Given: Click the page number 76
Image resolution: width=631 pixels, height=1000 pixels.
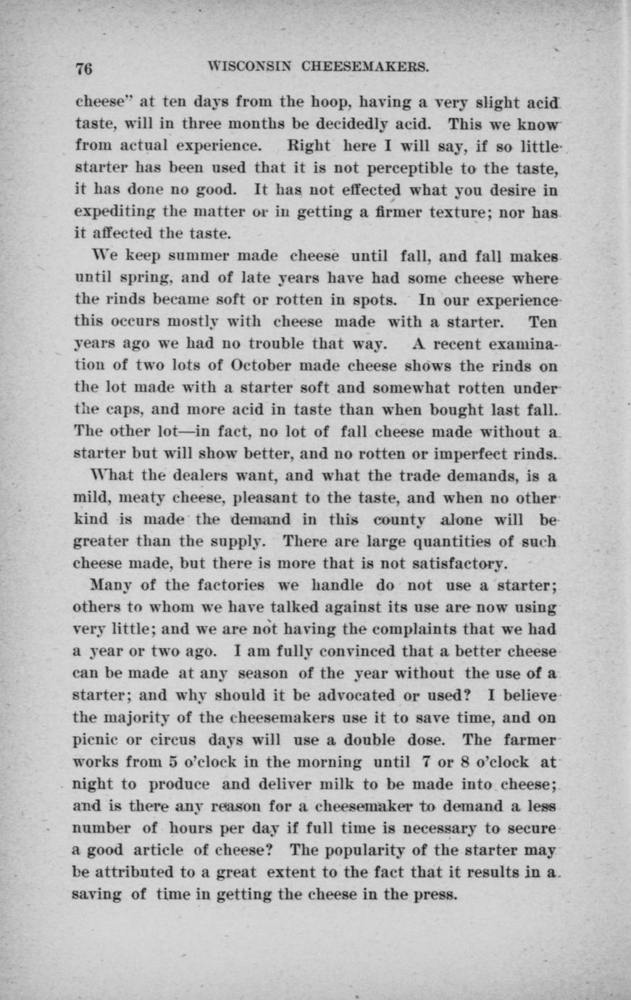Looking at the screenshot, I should tap(84, 69).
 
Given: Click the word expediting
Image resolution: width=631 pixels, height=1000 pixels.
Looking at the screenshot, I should tap(111, 214).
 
